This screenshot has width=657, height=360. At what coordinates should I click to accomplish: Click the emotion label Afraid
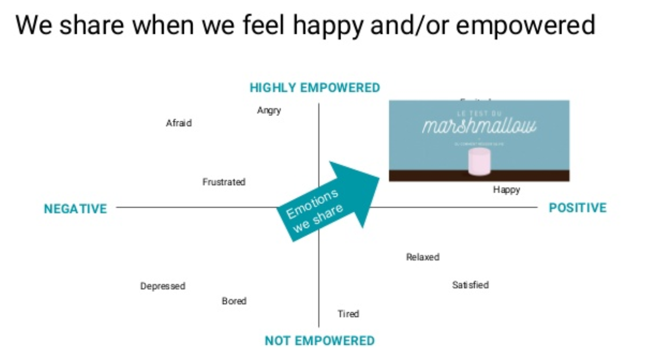tap(179, 123)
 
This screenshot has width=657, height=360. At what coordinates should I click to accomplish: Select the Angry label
tap(269, 110)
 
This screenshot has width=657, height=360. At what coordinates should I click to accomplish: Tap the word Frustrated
tap(224, 182)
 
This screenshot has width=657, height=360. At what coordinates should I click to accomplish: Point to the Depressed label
tap(163, 286)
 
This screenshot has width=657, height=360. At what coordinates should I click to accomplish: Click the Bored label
tap(234, 301)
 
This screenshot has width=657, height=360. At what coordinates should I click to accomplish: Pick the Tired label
tap(348, 314)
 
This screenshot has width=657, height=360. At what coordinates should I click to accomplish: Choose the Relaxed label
tap(423, 257)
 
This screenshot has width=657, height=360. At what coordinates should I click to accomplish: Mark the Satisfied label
tap(470, 285)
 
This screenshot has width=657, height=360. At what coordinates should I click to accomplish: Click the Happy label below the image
tap(506, 190)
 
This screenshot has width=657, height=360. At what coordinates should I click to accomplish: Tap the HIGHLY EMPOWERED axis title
tap(315, 88)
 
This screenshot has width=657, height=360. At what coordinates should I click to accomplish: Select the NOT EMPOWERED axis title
tap(320, 341)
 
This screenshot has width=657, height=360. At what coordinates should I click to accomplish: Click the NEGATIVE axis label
tap(76, 209)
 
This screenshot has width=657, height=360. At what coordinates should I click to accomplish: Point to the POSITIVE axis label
tap(578, 208)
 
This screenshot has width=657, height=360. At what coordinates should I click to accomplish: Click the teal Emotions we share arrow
tap(326, 201)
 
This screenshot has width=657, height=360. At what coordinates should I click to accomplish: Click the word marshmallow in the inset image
tap(479, 126)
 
